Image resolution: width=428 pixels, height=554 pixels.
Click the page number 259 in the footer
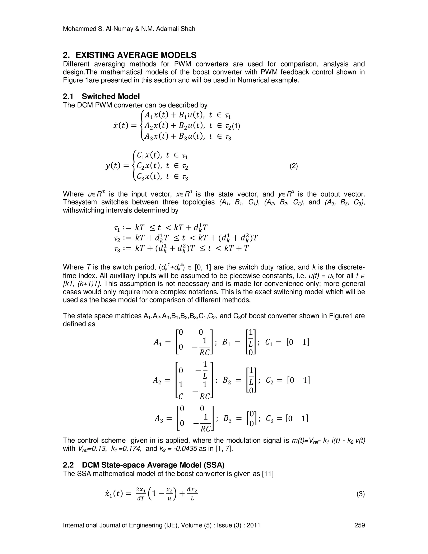click(359, 525)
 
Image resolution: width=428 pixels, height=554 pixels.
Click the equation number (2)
click(294, 166)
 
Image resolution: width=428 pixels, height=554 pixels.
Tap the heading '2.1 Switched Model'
click(101, 96)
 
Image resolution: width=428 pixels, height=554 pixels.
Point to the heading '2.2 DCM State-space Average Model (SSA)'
click(144, 465)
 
